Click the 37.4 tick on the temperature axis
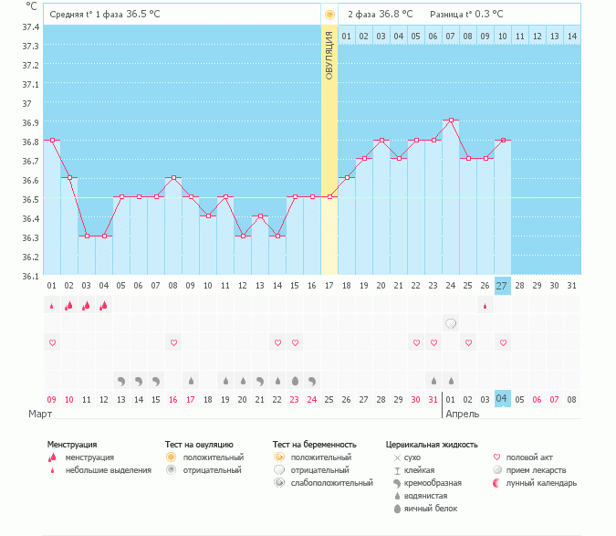coord(30,27)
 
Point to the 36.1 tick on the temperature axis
coord(30,276)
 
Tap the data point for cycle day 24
coord(450,120)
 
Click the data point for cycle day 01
coord(52,141)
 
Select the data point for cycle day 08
coord(173,177)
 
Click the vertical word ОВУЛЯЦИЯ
coord(329,55)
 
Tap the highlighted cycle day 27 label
coord(502,286)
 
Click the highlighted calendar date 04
coord(502,399)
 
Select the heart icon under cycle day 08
coord(173,342)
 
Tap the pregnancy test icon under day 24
coord(450,323)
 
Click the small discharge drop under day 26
coord(485,305)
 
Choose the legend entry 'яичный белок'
coord(430,508)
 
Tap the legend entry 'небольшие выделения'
coord(108,469)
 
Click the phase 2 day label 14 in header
coord(571,36)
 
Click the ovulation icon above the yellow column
coord(329,15)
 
